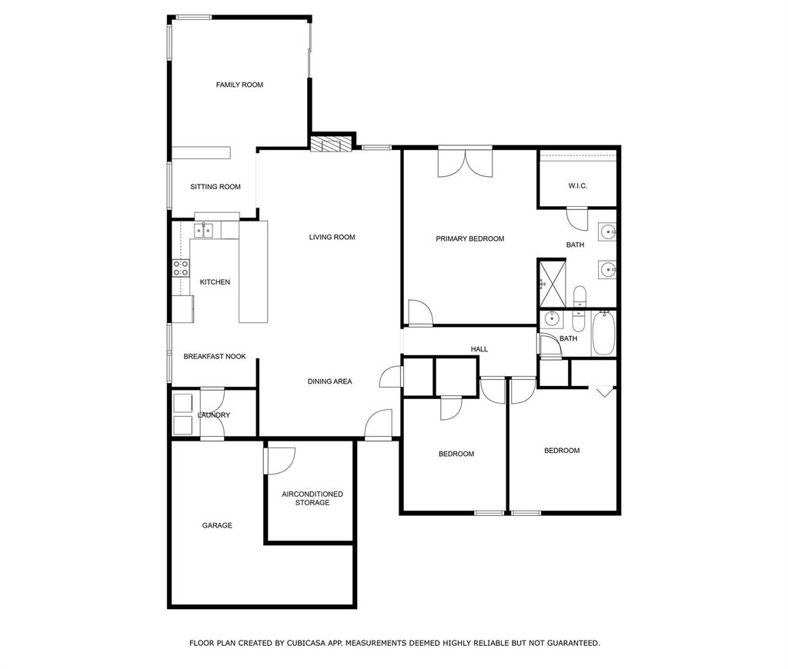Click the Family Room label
[240, 85]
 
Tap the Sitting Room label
[215, 187]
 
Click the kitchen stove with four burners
[181, 268]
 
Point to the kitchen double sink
[204, 231]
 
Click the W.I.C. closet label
[578, 186]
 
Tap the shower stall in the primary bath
[552, 283]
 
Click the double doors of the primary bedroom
[466, 161]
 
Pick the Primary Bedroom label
[470, 238]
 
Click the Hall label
[479, 349]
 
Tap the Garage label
[217, 525]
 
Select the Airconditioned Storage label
[312, 498]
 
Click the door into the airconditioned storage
[279, 460]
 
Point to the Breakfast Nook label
[215, 357]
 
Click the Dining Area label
[329, 381]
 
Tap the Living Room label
[332, 237]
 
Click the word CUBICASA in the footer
[306, 643]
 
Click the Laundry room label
[214, 415]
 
